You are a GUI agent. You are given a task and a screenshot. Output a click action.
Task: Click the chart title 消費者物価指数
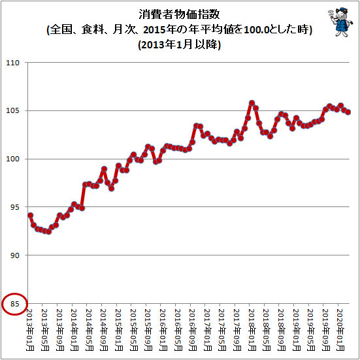tap(179, 14)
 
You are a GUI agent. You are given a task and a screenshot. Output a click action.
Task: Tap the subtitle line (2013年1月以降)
tap(179, 44)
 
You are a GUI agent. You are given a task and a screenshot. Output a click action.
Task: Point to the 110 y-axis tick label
tap(13, 63)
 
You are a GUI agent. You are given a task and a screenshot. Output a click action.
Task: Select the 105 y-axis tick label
tap(13, 110)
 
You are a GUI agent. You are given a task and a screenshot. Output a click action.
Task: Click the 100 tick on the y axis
tap(13, 159)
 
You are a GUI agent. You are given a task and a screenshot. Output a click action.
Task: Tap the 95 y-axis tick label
tap(14, 207)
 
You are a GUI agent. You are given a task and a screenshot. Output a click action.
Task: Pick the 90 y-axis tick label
tap(14, 255)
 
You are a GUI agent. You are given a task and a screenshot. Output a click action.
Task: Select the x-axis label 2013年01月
tap(29, 330)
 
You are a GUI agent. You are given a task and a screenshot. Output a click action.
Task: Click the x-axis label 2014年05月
tap(88, 330)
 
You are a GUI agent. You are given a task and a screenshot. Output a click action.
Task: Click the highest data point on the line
tap(252, 103)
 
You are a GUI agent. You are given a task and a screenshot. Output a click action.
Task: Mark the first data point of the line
tap(30, 216)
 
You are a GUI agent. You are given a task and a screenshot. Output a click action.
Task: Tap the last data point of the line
tap(348, 112)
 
